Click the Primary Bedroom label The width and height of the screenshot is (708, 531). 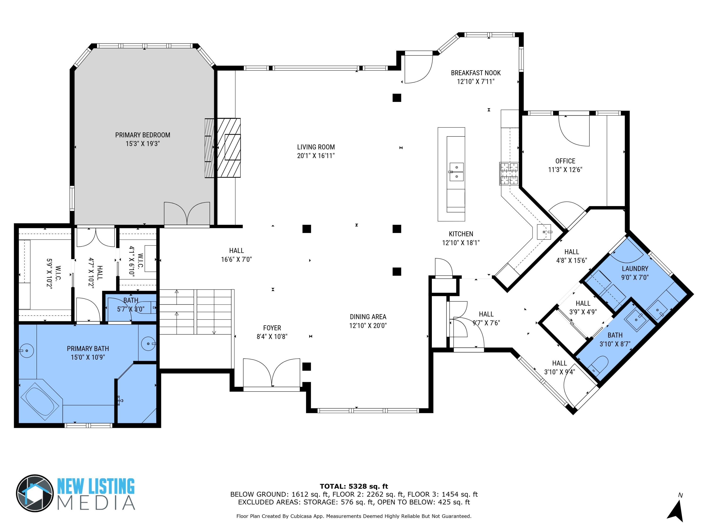coord(143,135)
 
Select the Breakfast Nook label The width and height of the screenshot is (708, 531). coord(476,73)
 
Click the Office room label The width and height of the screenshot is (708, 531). coord(565,161)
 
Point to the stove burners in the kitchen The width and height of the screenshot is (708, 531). coord(509,174)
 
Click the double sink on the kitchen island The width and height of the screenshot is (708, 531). coord(456,172)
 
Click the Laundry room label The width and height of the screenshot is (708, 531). coord(635,269)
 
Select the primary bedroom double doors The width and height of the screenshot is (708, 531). coord(187,214)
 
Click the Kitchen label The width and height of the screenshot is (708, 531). coord(461,234)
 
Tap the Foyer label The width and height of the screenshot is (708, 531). coord(272,328)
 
